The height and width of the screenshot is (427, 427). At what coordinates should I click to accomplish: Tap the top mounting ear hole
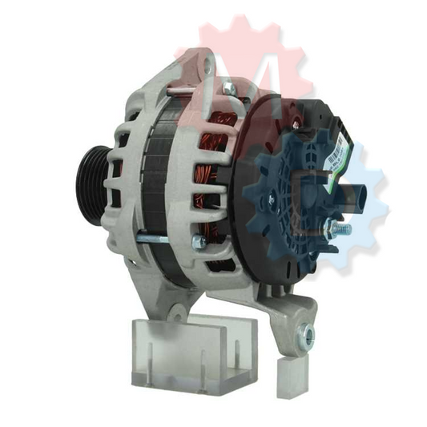pyautogui.click(x=204, y=60)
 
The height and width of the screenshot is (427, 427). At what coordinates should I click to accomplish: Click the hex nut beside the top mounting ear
pyautogui.click(x=228, y=87)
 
